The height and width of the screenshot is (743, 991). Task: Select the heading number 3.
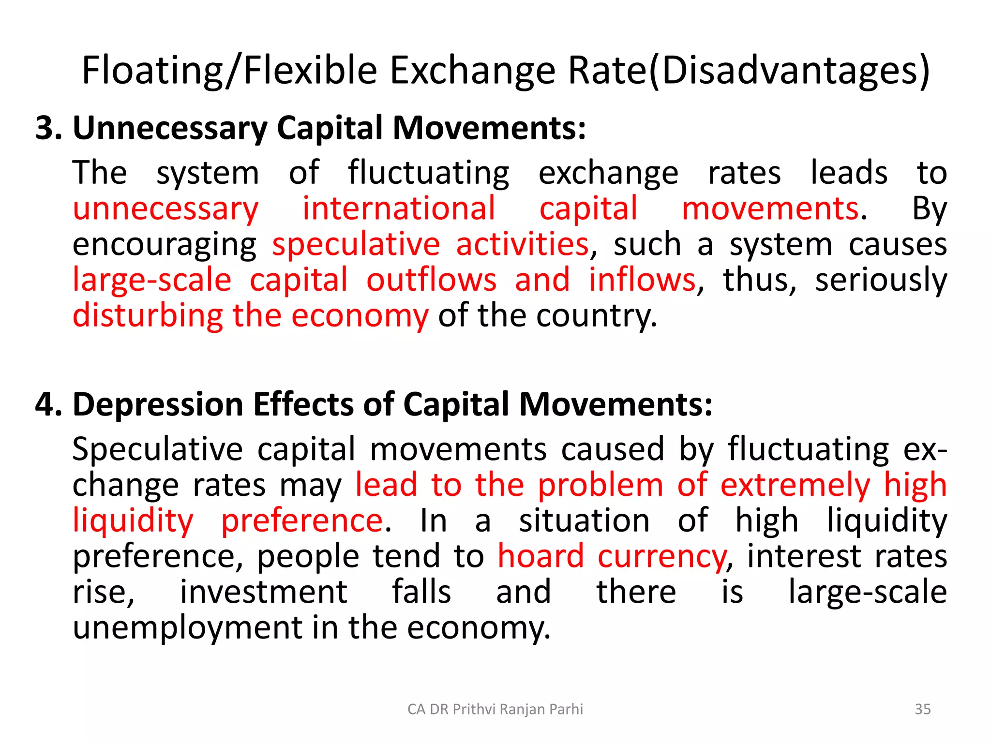click(48, 129)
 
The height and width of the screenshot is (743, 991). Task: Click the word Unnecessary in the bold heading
click(170, 129)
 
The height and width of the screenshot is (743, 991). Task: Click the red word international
click(399, 209)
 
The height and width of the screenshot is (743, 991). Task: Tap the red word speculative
click(356, 244)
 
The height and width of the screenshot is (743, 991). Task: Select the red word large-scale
click(152, 281)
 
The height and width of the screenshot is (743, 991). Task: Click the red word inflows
click(642, 280)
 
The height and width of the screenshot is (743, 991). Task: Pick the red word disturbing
click(148, 316)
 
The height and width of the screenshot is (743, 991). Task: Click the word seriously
click(881, 281)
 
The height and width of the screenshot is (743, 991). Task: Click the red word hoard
click(541, 556)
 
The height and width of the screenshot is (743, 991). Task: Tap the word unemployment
click(187, 628)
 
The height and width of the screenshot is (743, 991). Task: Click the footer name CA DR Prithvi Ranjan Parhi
click(495, 709)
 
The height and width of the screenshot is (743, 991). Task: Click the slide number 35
click(922, 709)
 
